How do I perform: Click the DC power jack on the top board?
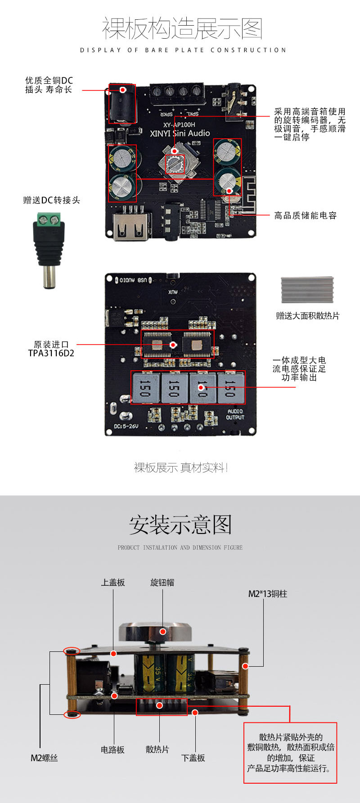122,104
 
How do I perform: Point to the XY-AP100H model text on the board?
179,124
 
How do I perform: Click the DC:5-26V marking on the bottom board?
126,426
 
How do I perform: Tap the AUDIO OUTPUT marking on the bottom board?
235,414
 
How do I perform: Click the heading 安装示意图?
180,525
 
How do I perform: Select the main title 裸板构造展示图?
182,29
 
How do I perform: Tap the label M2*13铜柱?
267,594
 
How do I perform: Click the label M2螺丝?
44,758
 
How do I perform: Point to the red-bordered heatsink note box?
290,752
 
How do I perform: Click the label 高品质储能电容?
305,215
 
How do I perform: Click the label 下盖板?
193,758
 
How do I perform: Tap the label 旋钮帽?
162,583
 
